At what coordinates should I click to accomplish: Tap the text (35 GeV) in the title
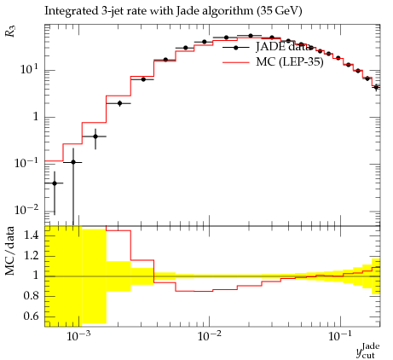tap(279, 11)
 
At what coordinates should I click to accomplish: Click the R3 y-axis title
tap(10, 32)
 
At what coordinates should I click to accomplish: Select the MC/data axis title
tap(10, 251)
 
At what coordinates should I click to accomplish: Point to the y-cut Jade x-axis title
tap(368, 351)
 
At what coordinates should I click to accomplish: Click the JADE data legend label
tap(283, 47)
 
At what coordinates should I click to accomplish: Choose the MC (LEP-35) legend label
tap(290, 61)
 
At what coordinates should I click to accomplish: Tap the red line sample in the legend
tap(236, 62)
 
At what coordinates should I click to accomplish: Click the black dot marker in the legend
tap(236, 48)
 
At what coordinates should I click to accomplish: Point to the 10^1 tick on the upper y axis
tap(29, 69)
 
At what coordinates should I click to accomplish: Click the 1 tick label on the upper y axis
tap(36, 117)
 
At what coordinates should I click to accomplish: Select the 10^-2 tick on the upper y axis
tap(26, 210)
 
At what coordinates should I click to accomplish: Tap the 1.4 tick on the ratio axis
tap(31, 235)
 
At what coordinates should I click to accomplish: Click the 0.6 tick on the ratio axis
tap(31, 316)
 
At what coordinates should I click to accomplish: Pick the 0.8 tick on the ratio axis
tap(31, 296)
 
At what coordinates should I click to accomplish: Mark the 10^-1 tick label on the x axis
tap(339, 336)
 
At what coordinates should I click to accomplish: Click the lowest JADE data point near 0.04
tap(55, 183)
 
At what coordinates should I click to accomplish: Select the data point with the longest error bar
tap(73, 162)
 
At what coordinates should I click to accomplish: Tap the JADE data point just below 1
tap(95, 136)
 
